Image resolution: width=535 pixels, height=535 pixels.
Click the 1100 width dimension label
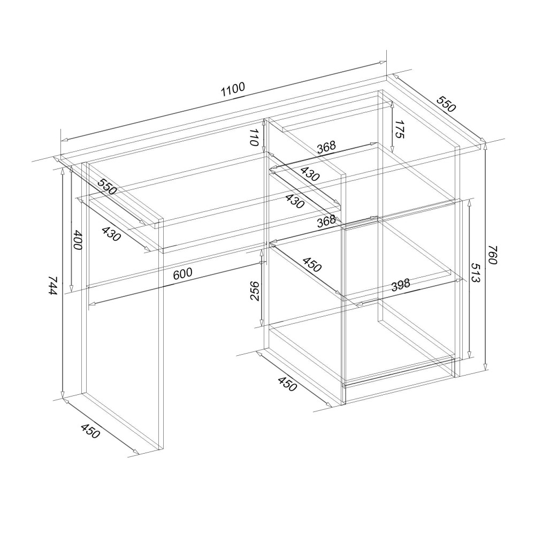(x=233, y=90)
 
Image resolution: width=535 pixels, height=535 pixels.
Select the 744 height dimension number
(x=53, y=286)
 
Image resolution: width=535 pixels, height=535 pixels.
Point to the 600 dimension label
(x=183, y=273)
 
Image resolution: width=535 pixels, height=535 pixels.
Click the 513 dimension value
(x=476, y=273)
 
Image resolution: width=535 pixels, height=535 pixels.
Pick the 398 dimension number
(x=401, y=285)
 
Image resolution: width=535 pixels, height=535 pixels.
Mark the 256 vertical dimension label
(x=255, y=291)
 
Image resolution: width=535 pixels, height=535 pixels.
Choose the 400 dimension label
(x=78, y=240)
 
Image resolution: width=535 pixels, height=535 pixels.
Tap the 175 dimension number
(x=399, y=129)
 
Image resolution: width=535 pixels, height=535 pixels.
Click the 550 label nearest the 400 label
(x=107, y=186)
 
